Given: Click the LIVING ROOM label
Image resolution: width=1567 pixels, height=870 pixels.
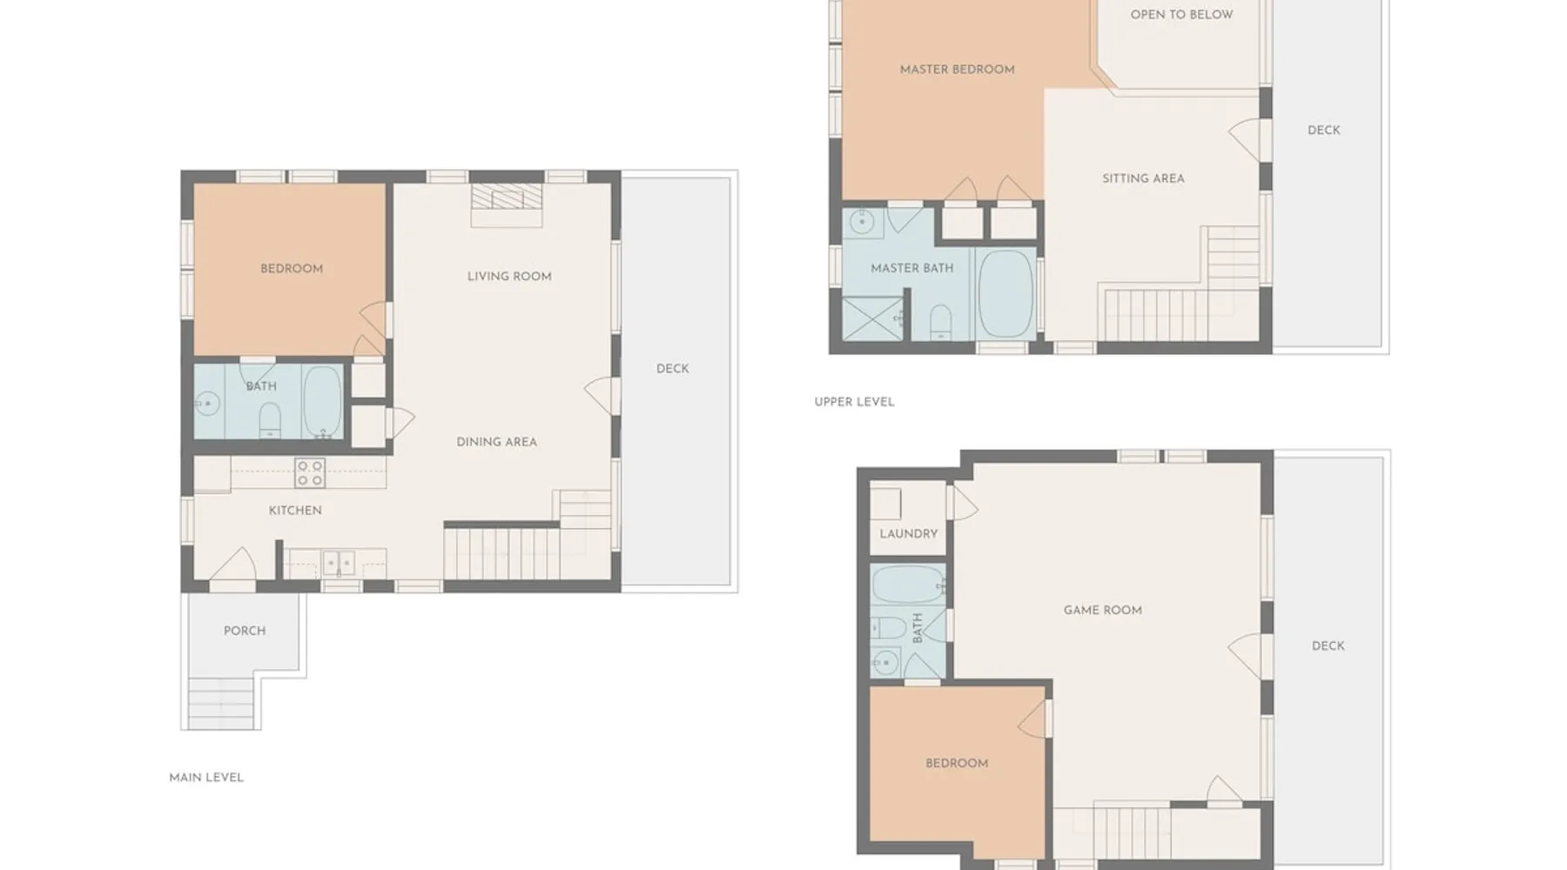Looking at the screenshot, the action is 509,277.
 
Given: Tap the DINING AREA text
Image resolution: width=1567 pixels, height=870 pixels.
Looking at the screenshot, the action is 496,442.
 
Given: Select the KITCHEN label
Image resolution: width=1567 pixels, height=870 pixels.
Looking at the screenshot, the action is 295,511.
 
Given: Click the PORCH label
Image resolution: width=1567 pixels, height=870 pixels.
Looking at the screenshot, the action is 245,631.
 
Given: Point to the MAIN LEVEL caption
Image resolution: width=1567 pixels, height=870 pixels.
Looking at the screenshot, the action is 206,778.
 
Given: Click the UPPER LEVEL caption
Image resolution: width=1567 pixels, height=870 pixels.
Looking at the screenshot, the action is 854,402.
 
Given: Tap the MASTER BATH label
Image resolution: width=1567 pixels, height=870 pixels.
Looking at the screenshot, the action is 911,268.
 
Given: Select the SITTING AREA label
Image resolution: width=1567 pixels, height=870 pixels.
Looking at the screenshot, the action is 1143,178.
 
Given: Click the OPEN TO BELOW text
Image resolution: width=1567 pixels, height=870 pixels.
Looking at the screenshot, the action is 1181,15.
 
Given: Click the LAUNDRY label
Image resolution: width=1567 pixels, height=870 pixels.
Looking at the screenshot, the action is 908,534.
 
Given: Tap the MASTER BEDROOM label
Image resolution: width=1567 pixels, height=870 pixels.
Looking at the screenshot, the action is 957,70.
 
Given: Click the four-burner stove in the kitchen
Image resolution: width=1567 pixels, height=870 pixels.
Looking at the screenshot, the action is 310,473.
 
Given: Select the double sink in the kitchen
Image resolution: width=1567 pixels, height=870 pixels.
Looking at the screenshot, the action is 339,563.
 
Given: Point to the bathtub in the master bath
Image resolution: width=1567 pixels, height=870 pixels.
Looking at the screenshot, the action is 1005,294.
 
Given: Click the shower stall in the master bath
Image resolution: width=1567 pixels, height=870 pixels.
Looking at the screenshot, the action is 872,318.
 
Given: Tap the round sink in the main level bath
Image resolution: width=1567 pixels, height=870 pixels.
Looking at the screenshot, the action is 207,404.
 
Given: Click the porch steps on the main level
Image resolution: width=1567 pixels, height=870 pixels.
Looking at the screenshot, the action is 222,703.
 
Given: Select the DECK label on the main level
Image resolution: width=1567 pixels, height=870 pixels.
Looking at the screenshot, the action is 672,369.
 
